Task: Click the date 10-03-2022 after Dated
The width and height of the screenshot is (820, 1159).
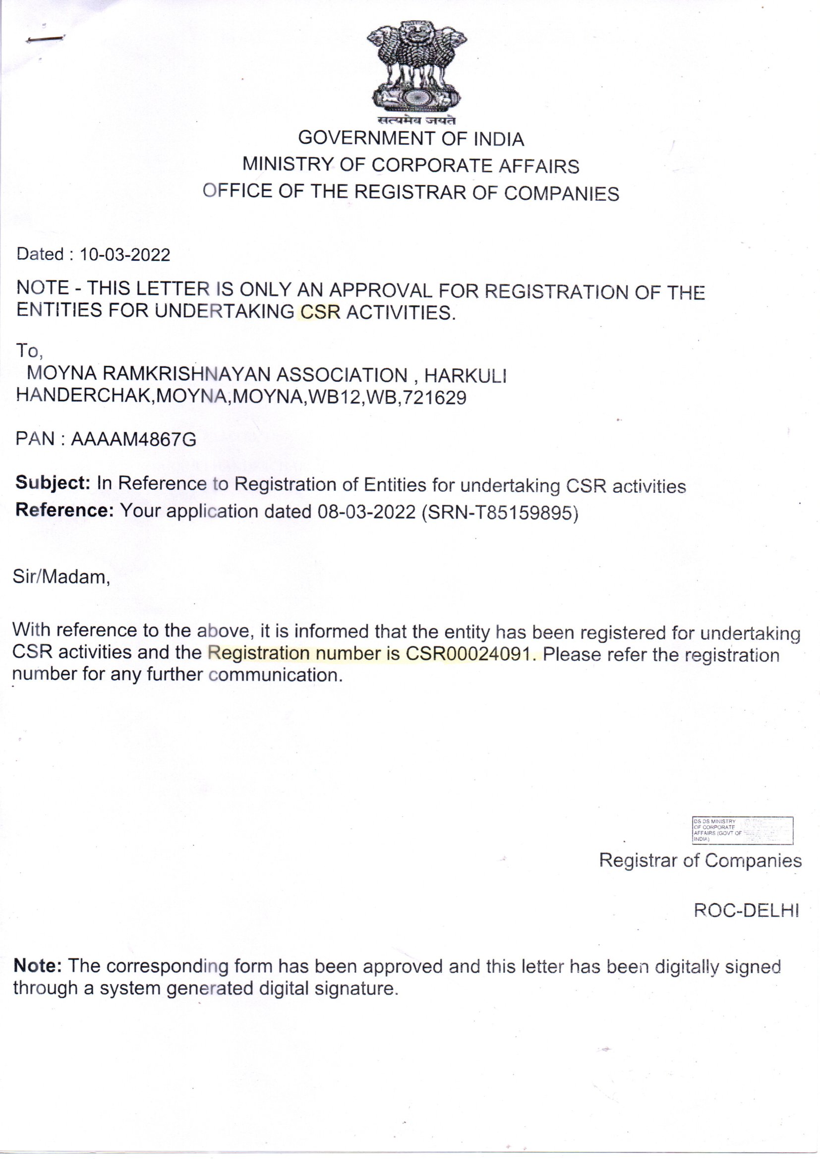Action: tap(125, 254)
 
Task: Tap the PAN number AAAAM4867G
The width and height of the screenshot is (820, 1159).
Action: tap(133, 440)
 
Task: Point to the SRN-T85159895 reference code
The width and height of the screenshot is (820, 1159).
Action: tap(499, 513)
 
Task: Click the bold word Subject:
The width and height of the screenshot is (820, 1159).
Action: tap(53, 483)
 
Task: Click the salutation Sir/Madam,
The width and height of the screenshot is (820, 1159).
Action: tap(61, 577)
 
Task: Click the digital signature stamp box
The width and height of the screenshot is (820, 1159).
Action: tap(742, 830)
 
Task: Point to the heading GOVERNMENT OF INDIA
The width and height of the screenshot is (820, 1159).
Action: tap(411, 139)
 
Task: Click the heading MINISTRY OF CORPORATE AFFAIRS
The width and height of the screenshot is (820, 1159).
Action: tap(410, 165)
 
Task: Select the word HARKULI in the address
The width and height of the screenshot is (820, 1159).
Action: tap(465, 376)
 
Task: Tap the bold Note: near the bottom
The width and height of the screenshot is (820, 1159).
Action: tap(38, 966)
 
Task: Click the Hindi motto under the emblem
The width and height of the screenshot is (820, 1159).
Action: tap(416, 120)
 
